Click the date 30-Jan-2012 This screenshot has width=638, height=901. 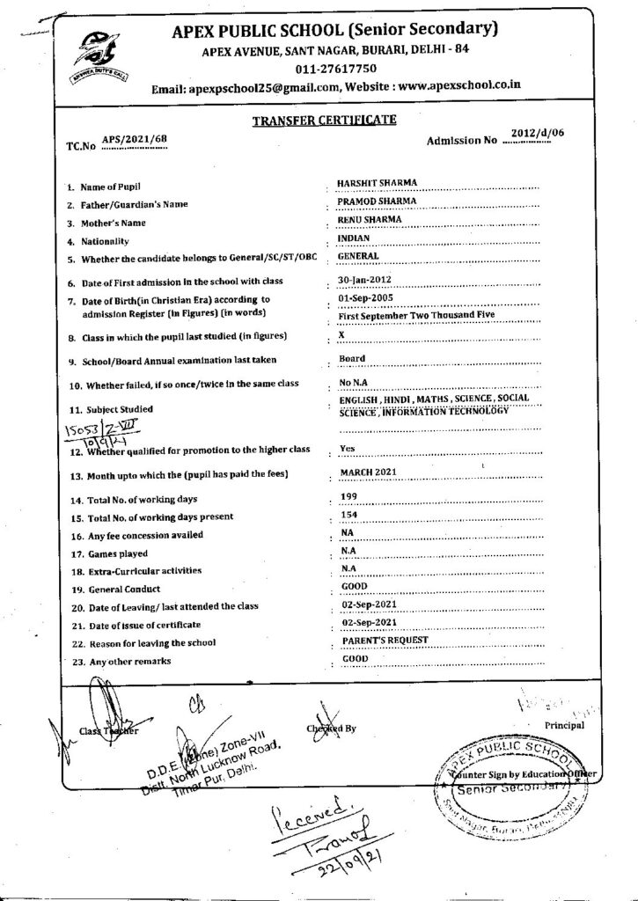(364, 280)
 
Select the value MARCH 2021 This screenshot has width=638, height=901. (369, 473)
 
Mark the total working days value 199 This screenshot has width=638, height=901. (348, 498)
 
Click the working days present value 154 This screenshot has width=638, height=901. (348, 516)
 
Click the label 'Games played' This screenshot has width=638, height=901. (115, 553)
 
